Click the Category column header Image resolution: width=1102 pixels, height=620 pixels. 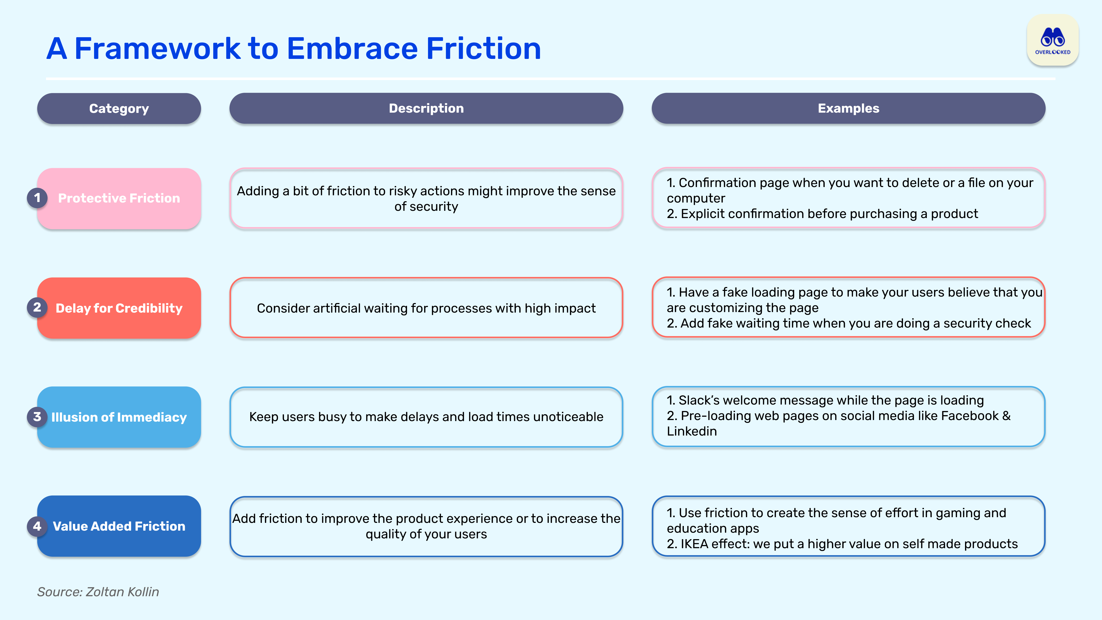pos(119,109)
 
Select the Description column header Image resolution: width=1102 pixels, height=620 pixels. pos(426,109)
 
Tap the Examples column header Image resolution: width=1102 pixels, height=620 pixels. pos(848,109)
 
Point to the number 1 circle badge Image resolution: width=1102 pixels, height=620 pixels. pos(37,198)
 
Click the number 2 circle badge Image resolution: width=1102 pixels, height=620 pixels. pos(37,307)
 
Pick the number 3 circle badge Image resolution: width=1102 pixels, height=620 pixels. pos(37,416)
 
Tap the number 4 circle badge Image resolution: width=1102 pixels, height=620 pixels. pos(37,526)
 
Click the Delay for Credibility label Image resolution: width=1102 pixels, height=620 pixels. pos(119,308)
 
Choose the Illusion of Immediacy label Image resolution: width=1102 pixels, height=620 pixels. pos(119,417)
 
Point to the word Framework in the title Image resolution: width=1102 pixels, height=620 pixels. pos(157,48)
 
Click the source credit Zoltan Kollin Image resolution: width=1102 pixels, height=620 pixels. pos(122,592)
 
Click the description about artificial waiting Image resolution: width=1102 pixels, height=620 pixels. pos(426,308)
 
